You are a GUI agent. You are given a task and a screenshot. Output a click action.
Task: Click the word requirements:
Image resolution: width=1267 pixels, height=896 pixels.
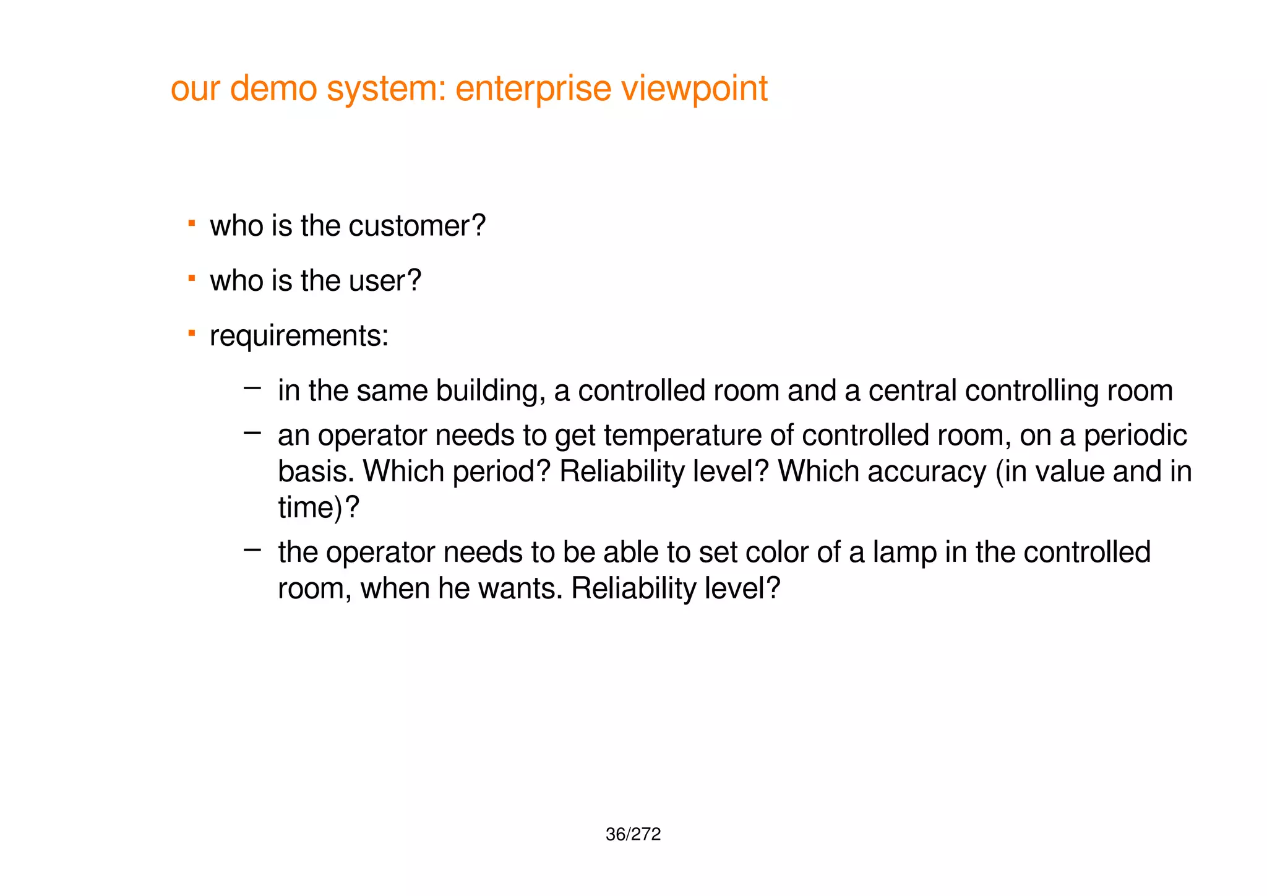299,336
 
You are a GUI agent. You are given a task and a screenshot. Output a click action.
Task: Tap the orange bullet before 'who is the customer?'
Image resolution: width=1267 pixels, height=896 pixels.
192,222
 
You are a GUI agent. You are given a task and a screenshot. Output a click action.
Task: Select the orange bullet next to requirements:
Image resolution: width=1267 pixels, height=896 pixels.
192,334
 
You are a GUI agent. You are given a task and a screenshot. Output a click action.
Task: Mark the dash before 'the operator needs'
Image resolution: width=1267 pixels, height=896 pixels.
252,549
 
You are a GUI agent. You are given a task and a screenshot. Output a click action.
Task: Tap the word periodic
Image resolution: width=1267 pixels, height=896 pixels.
1135,436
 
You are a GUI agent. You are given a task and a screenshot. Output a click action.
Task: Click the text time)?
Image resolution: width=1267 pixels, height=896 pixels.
318,507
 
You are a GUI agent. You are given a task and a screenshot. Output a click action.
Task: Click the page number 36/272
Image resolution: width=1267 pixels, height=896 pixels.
633,835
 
